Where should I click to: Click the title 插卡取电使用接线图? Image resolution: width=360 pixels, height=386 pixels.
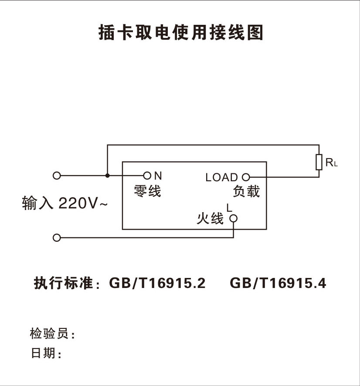(180, 33)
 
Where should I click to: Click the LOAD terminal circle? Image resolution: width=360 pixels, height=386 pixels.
(246, 177)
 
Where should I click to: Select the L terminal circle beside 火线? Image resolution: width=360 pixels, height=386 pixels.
(234, 218)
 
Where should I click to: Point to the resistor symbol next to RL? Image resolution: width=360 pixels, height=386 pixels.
(319, 163)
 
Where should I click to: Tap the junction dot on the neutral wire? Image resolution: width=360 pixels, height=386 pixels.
(107, 176)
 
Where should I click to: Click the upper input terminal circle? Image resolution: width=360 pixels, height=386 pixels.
(56, 176)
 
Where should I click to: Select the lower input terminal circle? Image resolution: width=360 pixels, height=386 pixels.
(56, 238)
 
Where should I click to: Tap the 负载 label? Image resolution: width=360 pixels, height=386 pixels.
(246, 192)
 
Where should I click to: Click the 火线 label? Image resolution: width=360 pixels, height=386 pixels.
(210, 218)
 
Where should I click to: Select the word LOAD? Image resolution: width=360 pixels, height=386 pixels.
(222, 178)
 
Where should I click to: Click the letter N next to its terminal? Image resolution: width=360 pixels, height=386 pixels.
(158, 176)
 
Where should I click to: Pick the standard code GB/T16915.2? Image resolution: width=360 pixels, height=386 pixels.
(157, 283)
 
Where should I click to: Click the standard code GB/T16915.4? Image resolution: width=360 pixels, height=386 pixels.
(278, 283)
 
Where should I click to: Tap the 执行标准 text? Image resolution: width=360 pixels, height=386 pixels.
(64, 283)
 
